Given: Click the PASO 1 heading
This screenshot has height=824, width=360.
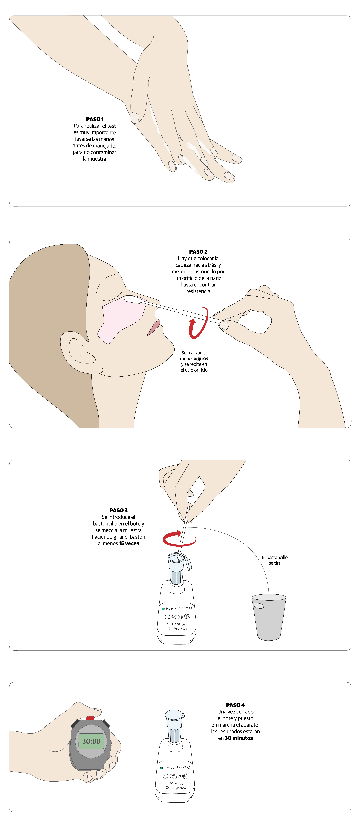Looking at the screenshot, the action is click(x=95, y=119).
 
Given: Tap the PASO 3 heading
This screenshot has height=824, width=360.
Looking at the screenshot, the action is click(x=118, y=510).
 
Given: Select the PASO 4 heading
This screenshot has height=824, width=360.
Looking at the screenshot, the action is click(x=235, y=705).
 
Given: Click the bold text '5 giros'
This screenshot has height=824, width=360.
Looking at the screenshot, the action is click(x=201, y=359).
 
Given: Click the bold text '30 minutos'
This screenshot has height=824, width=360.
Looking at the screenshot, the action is click(x=239, y=738).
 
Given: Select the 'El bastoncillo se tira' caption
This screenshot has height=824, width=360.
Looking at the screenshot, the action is click(x=275, y=560).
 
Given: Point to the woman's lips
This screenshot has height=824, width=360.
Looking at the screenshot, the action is click(x=154, y=328).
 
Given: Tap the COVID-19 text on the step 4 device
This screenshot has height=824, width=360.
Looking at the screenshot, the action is click(x=175, y=776).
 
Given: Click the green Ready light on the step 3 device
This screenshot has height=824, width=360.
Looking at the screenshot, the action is click(x=163, y=609).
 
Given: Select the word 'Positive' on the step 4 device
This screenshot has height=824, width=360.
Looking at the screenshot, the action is click(x=177, y=783).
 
